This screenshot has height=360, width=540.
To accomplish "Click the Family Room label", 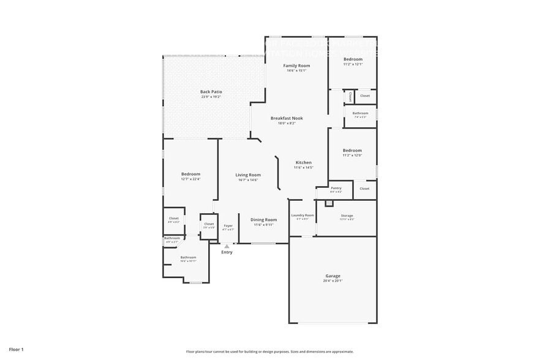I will [x=296, y=65].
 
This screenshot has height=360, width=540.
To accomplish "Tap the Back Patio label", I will [x=211, y=92].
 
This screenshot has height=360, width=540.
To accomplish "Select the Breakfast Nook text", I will [x=287, y=118].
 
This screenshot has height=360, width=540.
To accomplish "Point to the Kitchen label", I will [x=303, y=162].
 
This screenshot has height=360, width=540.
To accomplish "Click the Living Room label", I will [x=248, y=175].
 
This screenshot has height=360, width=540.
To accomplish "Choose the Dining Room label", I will [x=263, y=219].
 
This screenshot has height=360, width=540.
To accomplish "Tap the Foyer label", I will [x=228, y=225].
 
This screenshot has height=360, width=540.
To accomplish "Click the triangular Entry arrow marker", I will [x=227, y=246].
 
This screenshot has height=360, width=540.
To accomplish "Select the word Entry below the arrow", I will [x=227, y=252].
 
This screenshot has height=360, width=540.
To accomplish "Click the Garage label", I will [x=332, y=276].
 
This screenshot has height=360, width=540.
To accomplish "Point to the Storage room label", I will [x=347, y=216].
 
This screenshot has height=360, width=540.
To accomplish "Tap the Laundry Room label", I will [x=302, y=215].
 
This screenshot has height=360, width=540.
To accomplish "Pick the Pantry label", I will [x=336, y=188].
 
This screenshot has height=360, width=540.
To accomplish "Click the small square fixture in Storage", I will [x=329, y=203].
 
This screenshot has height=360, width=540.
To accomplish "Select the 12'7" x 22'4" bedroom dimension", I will [x=190, y=179].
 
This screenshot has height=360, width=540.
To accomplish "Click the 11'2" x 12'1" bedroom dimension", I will [x=352, y=64].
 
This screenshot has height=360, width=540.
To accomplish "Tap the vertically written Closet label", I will [x=350, y=97].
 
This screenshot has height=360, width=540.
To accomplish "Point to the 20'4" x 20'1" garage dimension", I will [x=332, y=281].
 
